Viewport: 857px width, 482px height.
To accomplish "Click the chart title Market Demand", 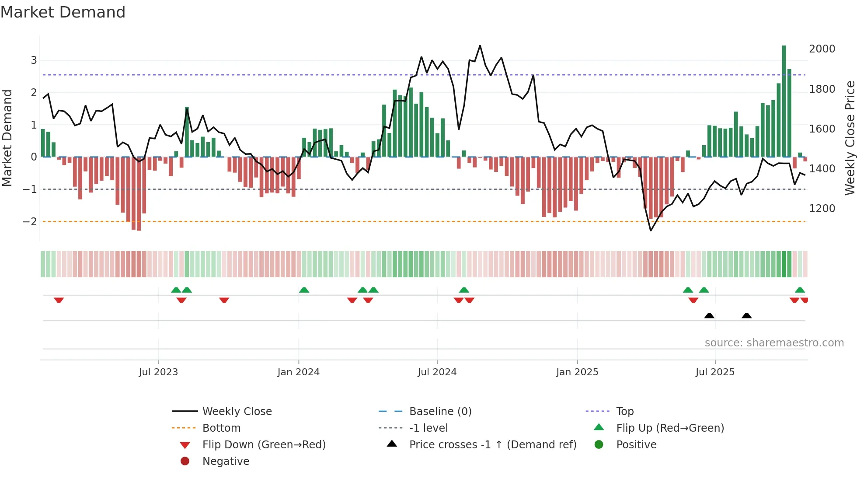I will click(x=63, y=12).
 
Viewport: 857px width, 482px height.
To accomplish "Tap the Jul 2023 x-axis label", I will click(x=158, y=372).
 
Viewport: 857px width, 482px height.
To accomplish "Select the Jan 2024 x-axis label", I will click(x=298, y=372).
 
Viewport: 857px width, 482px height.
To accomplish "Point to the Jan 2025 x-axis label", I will click(x=577, y=372).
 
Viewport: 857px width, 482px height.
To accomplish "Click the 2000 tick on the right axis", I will click(x=822, y=49).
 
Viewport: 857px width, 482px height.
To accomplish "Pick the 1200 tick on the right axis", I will click(x=822, y=209).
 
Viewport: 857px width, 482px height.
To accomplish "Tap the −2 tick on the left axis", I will click(x=30, y=222).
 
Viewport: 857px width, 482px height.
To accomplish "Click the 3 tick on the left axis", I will click(x=34, y=60).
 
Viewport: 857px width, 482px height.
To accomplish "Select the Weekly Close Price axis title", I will click(x=850, y=138).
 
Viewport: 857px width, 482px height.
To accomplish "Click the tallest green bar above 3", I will click(x=784, y=101).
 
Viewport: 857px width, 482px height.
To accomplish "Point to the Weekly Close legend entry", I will click(x=237, y=412).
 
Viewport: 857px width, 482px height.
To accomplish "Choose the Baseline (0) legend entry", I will click(x=440, y=412).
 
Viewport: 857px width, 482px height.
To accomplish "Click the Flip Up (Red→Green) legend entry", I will click(x=670, y=428).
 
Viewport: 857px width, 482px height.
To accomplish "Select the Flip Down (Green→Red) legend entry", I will click(x=264, y=445).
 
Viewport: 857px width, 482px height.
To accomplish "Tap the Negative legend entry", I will click(x=226, y=461).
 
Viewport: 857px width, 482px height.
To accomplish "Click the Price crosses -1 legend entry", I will click(x=492, y=445).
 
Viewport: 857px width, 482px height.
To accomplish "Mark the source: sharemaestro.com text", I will click(x=774, y=343).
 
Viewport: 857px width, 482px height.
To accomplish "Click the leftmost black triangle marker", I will click(x=709, y=316).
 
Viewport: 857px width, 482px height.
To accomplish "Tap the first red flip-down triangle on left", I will click(x=59, y=300).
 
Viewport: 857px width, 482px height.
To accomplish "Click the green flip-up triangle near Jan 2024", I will click(x=304, y=290).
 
